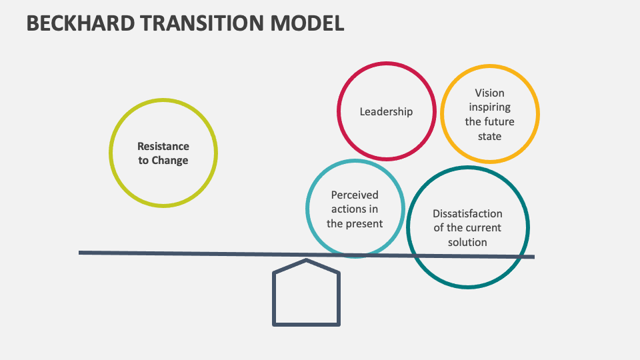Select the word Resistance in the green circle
click(x=163, y=146)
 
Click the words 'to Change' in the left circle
click(x=163, y=161)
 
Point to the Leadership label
click(x=386, y=112)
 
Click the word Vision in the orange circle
click(x=489, y=93)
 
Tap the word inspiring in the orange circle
click(x=489, y=107)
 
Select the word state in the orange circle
click(x=489, y=136)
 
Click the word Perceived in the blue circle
click(x=355, y=195)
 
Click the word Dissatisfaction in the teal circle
click(x=467, y=214)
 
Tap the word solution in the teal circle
click(x=467, y=242)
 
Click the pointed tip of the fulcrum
click(x=306, y=261)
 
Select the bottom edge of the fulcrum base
click(x=307, y=324)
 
